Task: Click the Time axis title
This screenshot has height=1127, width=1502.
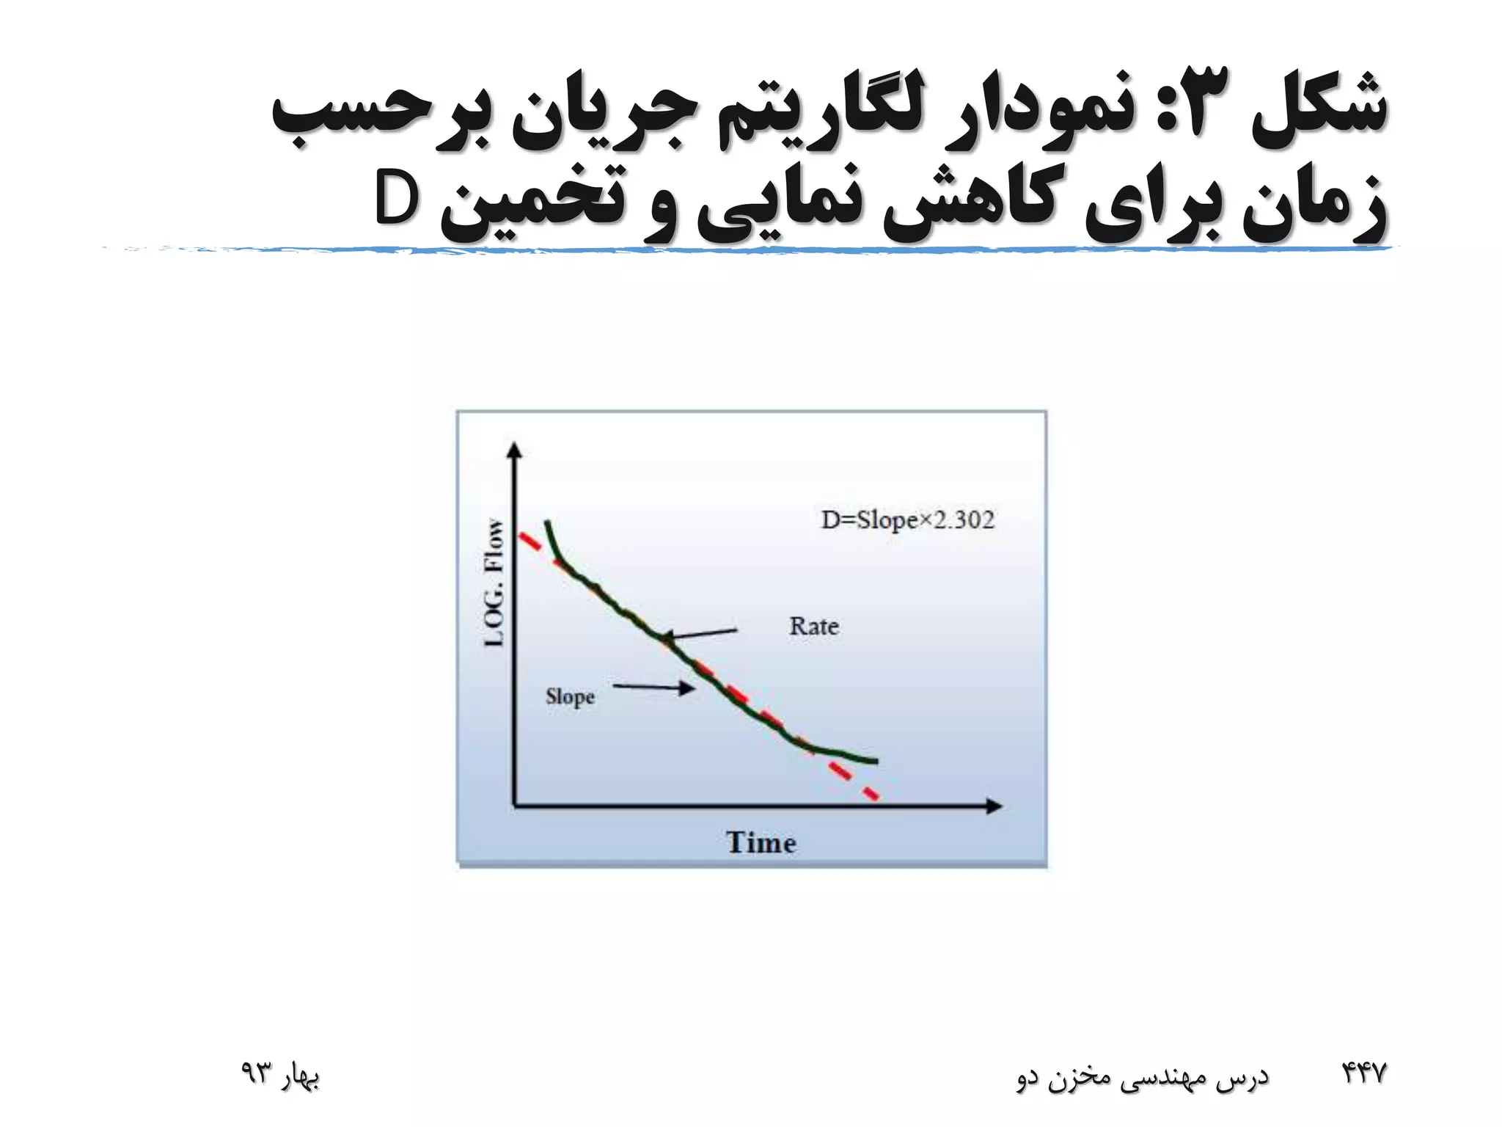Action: point(761,842)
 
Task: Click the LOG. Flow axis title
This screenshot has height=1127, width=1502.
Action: point(495,583)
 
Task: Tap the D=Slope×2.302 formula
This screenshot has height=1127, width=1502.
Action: point(907,520)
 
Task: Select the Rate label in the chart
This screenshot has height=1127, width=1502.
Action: point(814,627)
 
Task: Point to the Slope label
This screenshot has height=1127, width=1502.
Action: point(570,696)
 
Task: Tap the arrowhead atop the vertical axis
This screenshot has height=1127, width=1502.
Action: point(515,450)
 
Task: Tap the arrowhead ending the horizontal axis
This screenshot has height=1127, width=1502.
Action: point(994,806)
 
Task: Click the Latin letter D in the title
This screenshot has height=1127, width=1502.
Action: point(396,198)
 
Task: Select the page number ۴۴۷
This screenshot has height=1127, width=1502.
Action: point(1364,1073)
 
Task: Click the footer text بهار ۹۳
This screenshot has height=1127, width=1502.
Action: point(280,1074)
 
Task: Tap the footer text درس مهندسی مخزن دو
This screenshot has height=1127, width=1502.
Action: point(1142,1076)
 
